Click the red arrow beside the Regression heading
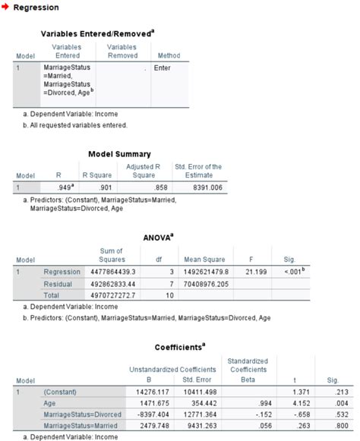6,7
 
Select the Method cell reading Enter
162,68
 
